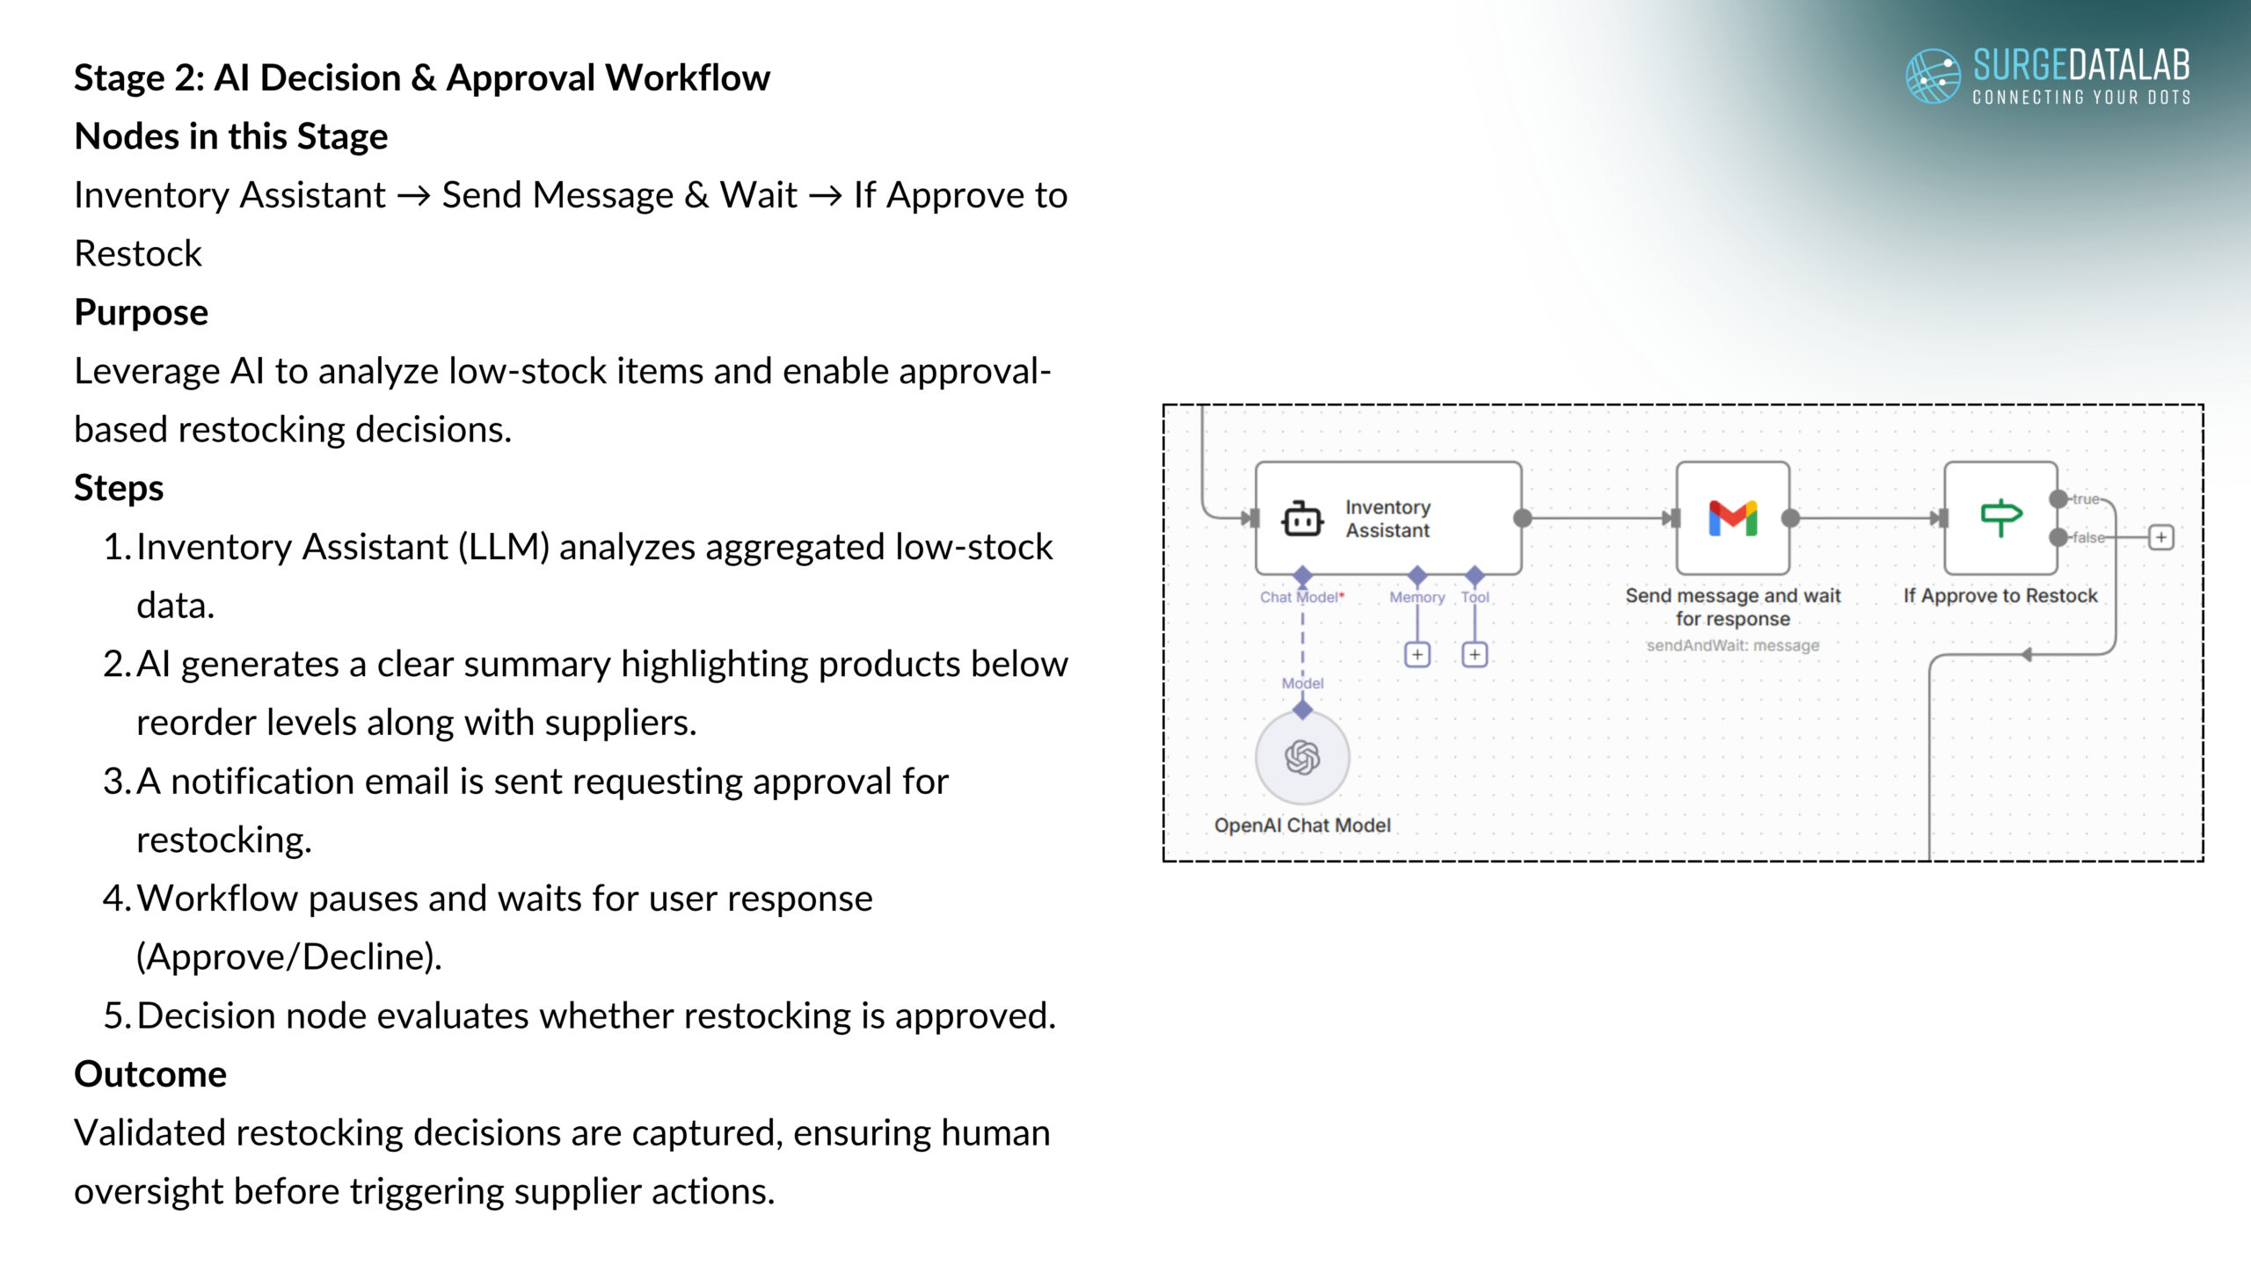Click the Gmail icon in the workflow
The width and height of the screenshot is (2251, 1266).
[x=1732, y=518]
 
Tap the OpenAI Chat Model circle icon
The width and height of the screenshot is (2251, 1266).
[x=1302, y=757]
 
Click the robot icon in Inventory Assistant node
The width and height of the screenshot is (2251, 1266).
[x=1302, y=520]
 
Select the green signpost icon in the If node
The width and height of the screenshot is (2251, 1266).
[x=2000, y=518]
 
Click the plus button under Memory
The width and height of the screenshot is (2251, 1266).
[x=1417, y=655]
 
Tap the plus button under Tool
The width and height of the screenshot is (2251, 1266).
[x=1475, y=655]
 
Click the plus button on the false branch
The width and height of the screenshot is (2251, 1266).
[x=2160, y=537]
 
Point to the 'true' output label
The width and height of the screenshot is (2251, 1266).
[x=2086, y=499]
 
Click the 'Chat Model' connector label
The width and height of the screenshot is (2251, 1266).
[x=1299, y=597]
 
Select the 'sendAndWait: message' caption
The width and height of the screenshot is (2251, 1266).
[x=1732, y=645]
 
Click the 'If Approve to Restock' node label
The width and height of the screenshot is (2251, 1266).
[x=2000, y=596]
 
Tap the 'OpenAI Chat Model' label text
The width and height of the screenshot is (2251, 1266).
[x=1302, y=826]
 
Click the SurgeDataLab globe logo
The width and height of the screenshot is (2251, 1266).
[x=1932, y=76]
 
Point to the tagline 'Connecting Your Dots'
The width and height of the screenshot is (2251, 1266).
[x=2080, y=98]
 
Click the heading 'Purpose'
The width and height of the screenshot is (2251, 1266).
[x=141, y=312]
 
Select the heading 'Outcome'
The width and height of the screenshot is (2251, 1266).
[x=150, y=1074]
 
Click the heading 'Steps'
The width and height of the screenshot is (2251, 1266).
[x=119, y=488]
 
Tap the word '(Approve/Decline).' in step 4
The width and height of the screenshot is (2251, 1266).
[x=288, y=957]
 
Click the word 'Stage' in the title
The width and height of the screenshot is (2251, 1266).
[x=118, y=78]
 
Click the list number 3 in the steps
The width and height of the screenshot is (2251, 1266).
[x=114, y=782]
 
